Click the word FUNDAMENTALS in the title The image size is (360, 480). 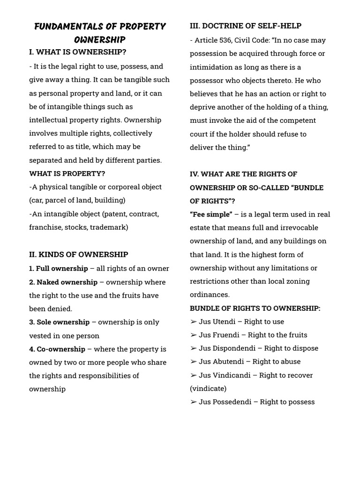click(64, 26)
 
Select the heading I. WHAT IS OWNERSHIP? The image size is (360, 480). click(77, 52)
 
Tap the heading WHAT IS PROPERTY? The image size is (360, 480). click(67, 173)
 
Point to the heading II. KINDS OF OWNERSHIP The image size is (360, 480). click(78, 255)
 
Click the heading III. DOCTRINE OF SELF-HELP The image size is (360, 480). click(246, 26)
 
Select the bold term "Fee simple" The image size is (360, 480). click(211, 214)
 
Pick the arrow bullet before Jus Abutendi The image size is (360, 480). click(193, 362)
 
